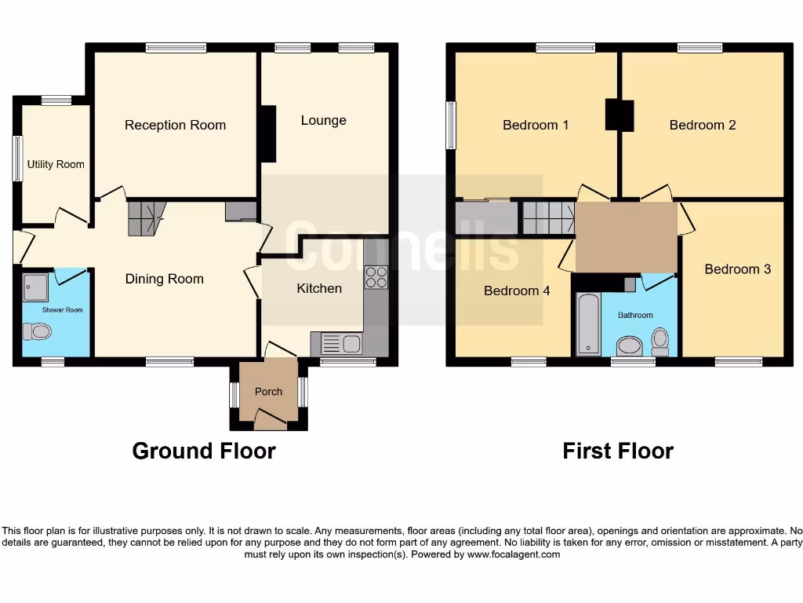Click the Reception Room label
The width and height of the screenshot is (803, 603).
[175, 125]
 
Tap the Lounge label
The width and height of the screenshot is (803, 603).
[323, 120]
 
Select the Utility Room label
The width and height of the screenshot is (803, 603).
[56, 164]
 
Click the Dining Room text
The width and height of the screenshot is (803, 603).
[164, 279]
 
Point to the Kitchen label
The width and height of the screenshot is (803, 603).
[319, 288]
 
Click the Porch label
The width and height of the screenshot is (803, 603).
[268, 392]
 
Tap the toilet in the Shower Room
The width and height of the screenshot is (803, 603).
[37, 332]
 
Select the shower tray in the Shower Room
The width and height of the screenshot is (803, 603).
[35, 287]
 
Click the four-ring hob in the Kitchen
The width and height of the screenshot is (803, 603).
[376, 277]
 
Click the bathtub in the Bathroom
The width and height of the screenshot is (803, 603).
[587, 324]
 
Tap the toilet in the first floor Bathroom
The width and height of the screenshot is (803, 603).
[660, 341]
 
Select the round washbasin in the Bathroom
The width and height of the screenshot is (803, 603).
[629, 345]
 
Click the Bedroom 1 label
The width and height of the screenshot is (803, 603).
[536, 125]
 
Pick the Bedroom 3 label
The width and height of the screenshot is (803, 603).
[737, 269]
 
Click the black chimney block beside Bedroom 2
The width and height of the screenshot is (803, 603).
[619, 115]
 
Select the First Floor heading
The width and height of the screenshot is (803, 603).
[618, 451]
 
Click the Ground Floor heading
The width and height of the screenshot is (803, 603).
[204, 451]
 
